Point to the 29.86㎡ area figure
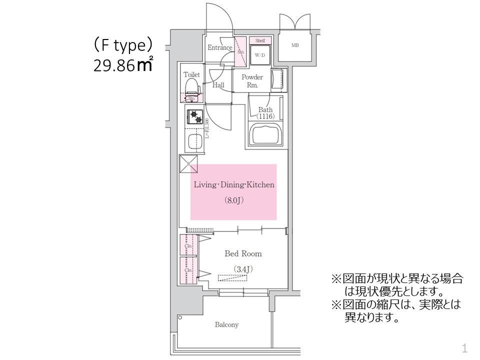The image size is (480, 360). [123, 65]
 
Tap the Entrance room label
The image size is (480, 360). [220, 48]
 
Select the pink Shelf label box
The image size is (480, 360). [260, 40]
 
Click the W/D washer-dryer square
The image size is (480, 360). [260, 55]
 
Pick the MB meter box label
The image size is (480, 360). [295, 45]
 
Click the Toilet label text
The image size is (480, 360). [191, 74]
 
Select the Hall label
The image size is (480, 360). [218, 85]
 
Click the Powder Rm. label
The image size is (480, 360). [252, 81]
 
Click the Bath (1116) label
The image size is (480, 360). [265, 112]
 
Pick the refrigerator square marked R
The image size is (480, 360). [188, 164]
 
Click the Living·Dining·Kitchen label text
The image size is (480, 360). [234, 185]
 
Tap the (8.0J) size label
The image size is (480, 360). [233, 200]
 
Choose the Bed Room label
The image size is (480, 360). [243, 254]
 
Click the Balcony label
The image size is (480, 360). [226, 325]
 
